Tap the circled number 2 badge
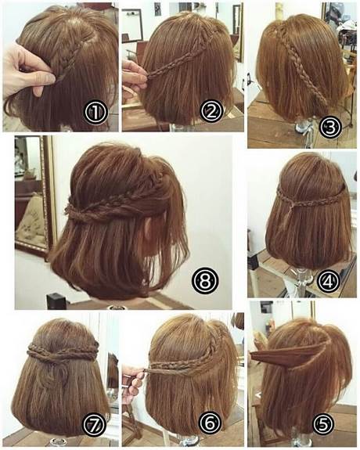tap(211, 112)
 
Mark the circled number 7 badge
tap(95, 424)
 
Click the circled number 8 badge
tap(205, 280)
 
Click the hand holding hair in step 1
tap(27, 71)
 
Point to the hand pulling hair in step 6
tap(134, 380)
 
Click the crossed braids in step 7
tap(63, 351)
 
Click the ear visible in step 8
tap(149, 229)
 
